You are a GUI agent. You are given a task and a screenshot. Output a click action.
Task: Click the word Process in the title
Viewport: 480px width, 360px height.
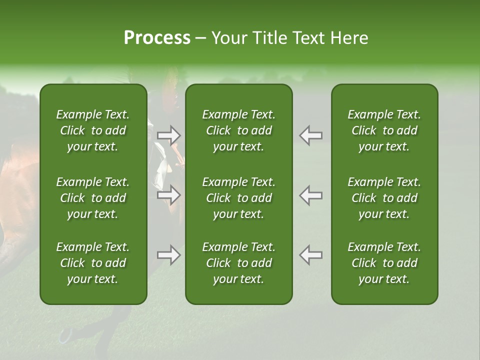157,38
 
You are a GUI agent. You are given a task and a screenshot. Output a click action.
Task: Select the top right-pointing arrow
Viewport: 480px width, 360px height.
168,135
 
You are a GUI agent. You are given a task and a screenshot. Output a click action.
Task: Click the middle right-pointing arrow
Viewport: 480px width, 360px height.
168,195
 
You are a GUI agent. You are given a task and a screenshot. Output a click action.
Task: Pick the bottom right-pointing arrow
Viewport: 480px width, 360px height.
168,255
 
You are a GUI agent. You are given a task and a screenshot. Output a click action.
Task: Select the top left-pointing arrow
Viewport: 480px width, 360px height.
310,135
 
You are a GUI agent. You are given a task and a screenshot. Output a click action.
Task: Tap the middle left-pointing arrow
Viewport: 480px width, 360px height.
310,195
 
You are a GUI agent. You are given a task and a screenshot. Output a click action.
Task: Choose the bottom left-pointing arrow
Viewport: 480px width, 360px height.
310,255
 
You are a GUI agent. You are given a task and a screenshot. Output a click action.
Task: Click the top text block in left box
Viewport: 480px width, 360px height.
93,130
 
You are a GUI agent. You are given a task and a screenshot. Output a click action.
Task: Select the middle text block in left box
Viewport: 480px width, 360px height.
93,198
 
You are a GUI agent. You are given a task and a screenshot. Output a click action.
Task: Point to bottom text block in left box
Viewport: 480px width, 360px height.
93,263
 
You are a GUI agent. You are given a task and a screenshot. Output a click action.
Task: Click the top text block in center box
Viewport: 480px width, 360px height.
239,130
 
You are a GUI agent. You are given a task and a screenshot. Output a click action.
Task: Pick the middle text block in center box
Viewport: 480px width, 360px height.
239,198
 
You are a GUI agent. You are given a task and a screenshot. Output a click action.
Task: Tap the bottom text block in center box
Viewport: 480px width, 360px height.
239,263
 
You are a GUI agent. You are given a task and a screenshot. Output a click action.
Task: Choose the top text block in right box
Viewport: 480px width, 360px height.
384,130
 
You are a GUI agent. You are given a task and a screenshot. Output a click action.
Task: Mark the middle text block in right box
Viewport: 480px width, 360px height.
384,198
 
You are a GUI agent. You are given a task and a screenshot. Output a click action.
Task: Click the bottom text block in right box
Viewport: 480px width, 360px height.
384,263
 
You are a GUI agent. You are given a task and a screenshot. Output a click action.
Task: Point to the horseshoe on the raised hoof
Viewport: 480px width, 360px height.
65,335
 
